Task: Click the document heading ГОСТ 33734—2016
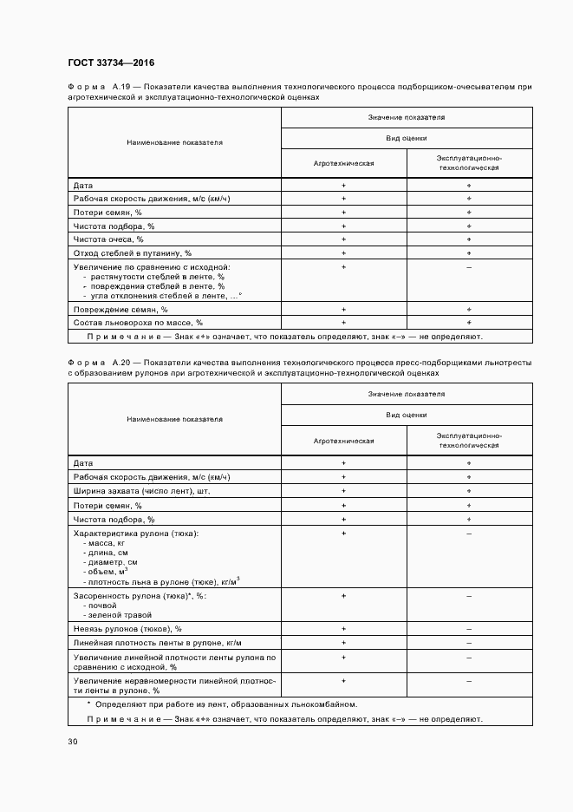[111, 62]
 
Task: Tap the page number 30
[73, 741]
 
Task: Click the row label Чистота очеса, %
[108, 239]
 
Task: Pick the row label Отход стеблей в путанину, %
[132, 252]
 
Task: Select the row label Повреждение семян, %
[120, 309]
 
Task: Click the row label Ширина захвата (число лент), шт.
[141, 491]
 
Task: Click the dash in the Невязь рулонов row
[469, 628]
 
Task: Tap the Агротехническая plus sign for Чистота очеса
[344, 239]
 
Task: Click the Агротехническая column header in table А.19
[344, 163]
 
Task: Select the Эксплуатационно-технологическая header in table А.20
[469, 440]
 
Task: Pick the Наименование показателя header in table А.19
[174, 142]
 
